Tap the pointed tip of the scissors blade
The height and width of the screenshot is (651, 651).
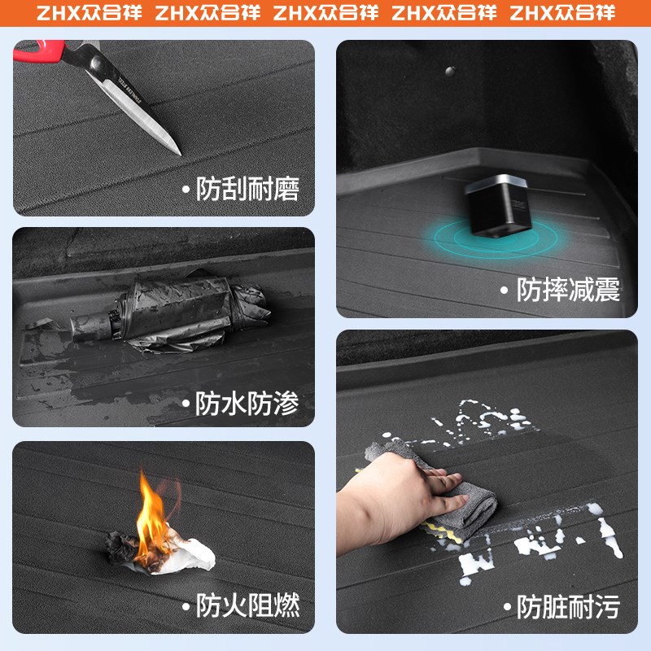pyautogui.click(x=177, y=151)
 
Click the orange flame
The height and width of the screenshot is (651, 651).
pyautogui.click(x=152, y=513)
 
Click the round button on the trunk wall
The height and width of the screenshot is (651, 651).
pyautogui.click(x=446, y=72)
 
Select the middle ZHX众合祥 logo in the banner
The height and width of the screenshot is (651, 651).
pyautogui.click(x=325, y=14)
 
